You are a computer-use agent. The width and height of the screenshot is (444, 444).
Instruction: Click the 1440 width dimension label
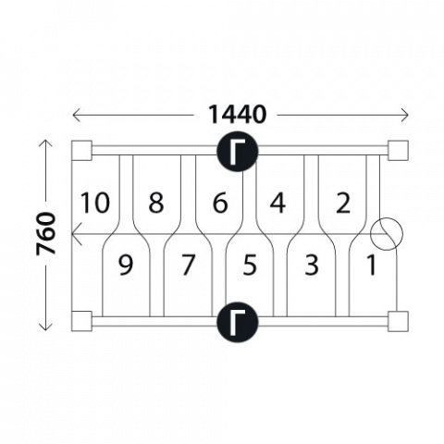tap(237, 115)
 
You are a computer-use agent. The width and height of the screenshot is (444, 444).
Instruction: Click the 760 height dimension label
tap(46, 234)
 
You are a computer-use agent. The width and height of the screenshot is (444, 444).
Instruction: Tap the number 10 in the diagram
tap(95, 203)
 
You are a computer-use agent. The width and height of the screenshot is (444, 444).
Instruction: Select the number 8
tap(156, 203)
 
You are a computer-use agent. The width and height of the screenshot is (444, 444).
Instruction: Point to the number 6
tap(220, 203)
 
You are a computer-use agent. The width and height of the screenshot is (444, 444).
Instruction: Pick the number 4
tap(277, 203)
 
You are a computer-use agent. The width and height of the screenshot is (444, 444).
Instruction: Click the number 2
tap(343, 203)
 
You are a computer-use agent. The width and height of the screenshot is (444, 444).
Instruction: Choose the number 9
tap(126, 265)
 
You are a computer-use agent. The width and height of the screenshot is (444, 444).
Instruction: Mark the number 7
tap(188, 265)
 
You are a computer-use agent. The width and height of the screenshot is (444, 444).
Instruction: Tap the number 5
tap(250, 265)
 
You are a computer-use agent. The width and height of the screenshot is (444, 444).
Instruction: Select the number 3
tap(312, 265)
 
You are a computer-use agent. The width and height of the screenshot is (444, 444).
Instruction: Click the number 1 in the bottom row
tap(372, 265)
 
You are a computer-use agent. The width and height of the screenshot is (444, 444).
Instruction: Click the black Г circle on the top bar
tap(237, 151)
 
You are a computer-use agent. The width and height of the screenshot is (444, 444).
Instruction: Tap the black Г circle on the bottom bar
tap(237, 322)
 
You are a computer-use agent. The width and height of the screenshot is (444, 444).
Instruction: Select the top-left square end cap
tap(81, 151)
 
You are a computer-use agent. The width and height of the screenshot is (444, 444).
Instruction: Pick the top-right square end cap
tap(398, 151)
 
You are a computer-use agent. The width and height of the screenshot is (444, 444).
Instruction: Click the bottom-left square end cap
tap(81, 321)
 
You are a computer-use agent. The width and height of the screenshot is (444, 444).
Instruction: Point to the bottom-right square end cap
tap(398, 321)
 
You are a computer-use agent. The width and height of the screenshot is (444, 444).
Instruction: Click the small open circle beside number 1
tap(387, 218)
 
